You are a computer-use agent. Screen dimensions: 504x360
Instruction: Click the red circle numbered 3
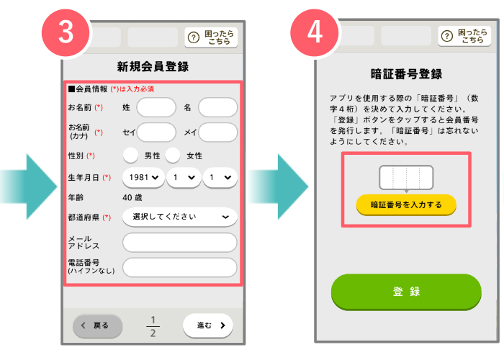66,32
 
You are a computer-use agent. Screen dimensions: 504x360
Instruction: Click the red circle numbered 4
315,32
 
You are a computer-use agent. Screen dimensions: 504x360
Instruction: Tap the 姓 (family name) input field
156,107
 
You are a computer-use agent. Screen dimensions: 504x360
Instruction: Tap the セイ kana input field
156,132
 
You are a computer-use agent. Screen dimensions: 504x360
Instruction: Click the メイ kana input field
218,132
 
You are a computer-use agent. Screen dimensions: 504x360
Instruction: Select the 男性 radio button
130,156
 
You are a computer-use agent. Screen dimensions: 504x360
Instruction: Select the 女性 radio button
173,156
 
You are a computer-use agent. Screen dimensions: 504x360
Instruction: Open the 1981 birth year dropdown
143,177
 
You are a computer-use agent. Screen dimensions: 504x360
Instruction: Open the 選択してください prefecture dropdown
180,217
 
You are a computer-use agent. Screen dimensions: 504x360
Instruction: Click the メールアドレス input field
180,243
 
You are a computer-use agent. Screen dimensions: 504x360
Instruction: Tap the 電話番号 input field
180,267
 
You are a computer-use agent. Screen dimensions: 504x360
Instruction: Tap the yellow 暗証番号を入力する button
406,204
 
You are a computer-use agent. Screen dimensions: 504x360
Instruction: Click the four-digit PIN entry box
406,177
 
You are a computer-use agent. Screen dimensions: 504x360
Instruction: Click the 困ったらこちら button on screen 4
464,36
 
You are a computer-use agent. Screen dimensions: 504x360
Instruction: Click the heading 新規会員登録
153,67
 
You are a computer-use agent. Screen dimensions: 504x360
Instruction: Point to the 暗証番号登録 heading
406,74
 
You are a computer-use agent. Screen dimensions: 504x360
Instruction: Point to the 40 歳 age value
132,197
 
